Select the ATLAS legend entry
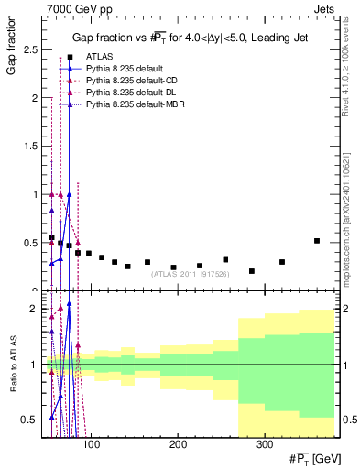[96, 57]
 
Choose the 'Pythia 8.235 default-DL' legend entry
[129, 94]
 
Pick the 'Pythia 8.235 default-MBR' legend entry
[133, 107]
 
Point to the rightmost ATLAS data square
[317, 241]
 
